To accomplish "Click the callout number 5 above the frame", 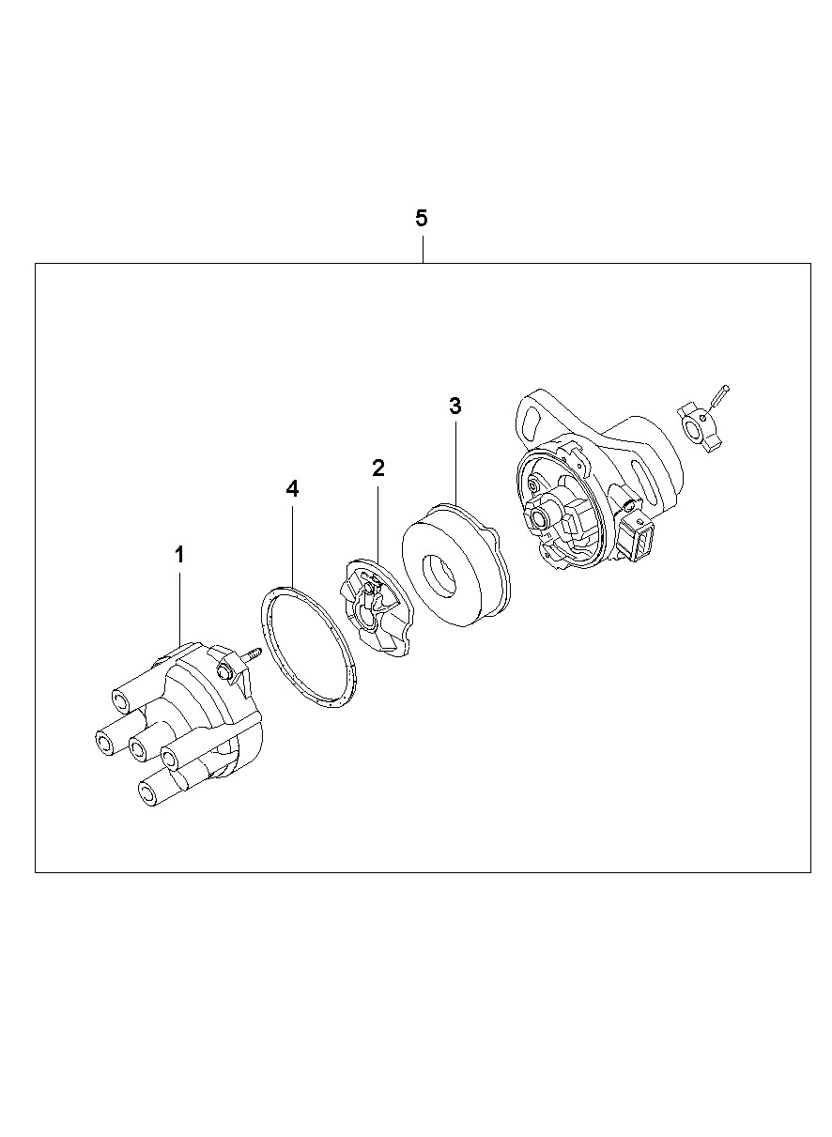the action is coord(421,218).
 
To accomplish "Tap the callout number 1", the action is coord(179,555).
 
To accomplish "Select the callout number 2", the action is coord(377,468).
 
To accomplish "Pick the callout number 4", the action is coord(292,489).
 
